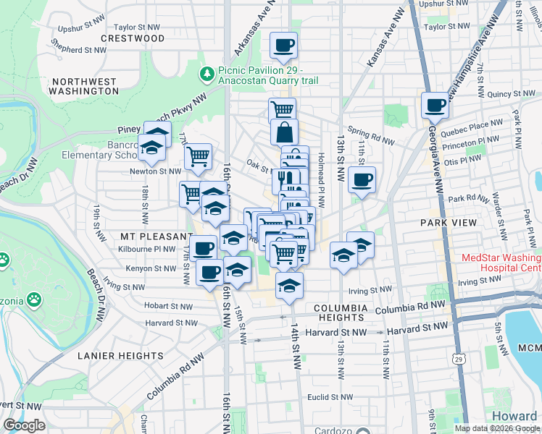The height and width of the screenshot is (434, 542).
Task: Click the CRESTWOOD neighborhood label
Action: [x=133, y=38]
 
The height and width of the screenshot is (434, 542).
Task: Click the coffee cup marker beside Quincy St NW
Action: [x=435, y=106]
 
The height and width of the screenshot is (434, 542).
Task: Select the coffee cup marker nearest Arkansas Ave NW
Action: [x=283, y=46]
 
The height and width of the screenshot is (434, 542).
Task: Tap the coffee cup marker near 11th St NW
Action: [x=362, y=179]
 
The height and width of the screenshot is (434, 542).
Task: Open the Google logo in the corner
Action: [x=24, y=425]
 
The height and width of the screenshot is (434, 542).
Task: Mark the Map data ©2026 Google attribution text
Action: [x=497, y=428]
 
